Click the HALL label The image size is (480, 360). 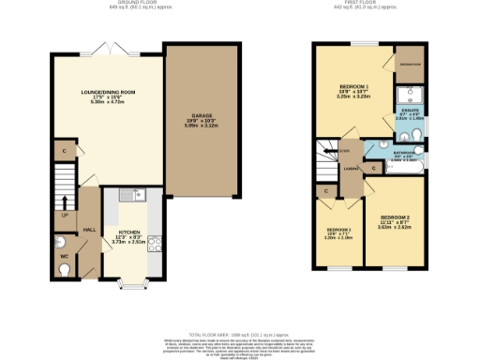[90, 229]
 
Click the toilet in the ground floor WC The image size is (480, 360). [64, 270]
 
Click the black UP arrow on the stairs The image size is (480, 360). [65, 202]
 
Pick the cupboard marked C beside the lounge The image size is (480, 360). [64, 150]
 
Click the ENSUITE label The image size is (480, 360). [409, 114]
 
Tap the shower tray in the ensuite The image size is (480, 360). [410, 96]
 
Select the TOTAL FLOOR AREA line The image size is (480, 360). [239, 334]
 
